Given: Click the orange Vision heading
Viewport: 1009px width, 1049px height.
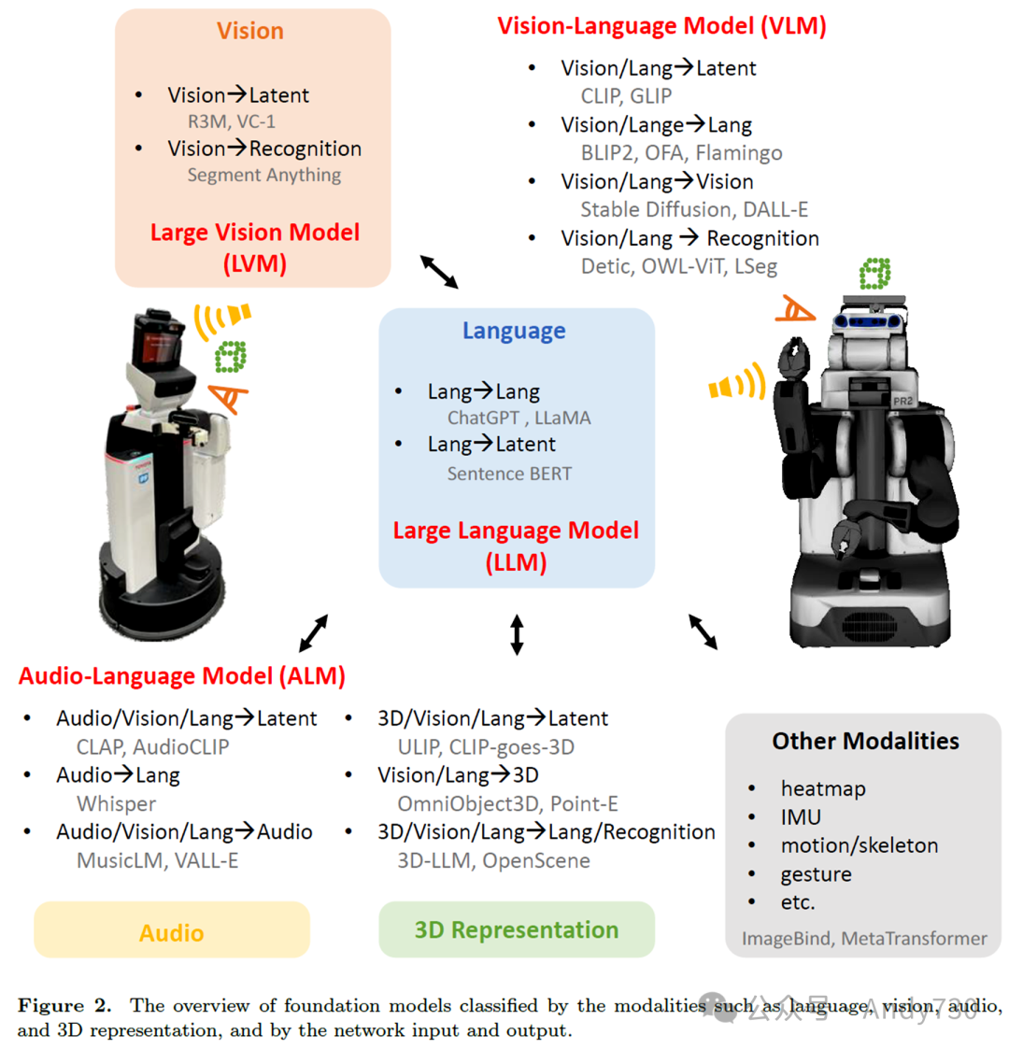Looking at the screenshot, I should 250,31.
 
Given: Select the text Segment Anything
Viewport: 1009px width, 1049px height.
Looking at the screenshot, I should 264,175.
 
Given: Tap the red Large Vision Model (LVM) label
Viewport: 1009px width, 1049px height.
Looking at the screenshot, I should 254,248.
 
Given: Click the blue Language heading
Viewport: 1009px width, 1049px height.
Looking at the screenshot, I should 514,331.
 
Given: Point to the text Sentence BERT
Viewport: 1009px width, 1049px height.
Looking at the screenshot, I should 509,474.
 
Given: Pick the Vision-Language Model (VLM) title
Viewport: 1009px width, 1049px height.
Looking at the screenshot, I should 661,25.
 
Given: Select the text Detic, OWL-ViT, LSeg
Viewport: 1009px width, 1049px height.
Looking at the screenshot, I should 678,266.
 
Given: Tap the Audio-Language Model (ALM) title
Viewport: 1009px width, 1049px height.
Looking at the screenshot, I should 182,675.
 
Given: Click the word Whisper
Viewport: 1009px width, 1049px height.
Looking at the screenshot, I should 116,802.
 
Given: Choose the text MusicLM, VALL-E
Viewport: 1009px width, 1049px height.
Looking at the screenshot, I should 157,859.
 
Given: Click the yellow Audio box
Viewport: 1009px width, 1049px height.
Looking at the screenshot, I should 172,931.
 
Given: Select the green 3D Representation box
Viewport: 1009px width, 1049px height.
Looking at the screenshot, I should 517,929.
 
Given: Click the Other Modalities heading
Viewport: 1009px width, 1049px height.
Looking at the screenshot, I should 865,742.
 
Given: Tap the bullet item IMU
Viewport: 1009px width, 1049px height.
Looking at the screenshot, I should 801,816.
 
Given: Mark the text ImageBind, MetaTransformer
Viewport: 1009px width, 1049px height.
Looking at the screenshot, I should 864,938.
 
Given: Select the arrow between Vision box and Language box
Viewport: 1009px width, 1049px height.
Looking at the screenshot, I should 439,272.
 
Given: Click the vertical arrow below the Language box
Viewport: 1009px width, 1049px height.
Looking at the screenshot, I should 517,634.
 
